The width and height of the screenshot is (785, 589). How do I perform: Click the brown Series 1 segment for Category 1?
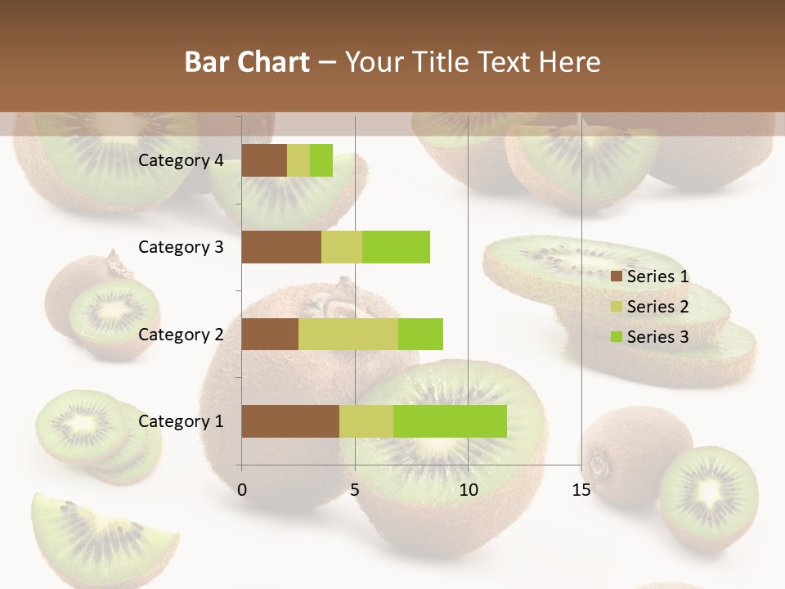[x=290, y=421]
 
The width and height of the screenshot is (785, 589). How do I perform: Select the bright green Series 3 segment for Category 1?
[x=450, y=421]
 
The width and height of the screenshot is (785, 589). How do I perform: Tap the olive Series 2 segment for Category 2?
[x=348, y=334]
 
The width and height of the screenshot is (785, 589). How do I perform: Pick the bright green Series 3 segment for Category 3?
[x=396, y=247]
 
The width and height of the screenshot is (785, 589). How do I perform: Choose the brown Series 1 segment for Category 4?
[x=264, y=160]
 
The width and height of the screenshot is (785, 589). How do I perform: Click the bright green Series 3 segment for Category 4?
[x=321, y=160]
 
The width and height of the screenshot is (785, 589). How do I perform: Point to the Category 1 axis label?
[x=181, y=421]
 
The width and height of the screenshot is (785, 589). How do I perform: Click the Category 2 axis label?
[x=181, y=334]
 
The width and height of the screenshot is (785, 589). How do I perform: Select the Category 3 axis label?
[x=181, y=247]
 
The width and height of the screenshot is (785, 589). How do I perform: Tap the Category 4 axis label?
[x=181, y=160]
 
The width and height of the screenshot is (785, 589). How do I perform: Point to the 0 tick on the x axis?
[x=242, y=490]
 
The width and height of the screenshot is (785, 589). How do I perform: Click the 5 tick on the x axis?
[x=355, y=490]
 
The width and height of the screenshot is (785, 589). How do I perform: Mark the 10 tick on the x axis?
[x=468, y=490]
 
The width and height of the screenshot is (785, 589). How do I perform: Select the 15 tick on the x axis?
[x=581, y=490]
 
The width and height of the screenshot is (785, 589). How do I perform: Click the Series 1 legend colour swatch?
[x=617, y=277]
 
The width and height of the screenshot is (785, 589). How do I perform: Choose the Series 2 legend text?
[x=658, y=307]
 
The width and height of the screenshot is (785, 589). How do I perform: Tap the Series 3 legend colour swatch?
[x=617, y=337]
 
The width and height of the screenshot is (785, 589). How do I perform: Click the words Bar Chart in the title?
[x=248, y=62]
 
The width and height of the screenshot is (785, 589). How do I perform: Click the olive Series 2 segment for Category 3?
[x=342, y=247]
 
